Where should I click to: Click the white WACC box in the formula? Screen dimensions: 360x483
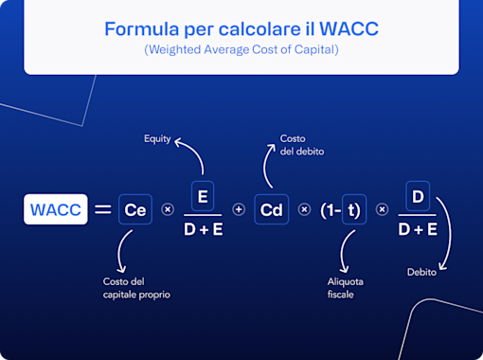(x=55, y=209)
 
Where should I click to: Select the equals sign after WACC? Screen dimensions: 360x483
(x=102, y=209)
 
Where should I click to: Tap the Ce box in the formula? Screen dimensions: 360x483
(x=135, y=209)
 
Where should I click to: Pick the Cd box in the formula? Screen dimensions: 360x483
(x=272, y=209)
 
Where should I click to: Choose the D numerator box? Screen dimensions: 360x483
(x=418, y=196)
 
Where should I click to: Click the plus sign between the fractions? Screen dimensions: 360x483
(x=239, y=209)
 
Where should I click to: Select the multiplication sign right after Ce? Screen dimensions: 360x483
(x=169, y=209)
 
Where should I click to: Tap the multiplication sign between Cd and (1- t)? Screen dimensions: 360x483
(x=305, y=209)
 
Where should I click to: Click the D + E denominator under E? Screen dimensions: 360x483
(x=204, y=228)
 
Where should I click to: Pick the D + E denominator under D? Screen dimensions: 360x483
(x=418, y=228)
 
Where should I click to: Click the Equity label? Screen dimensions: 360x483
(x=157, y=139)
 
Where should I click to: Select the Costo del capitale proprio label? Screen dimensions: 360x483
(x=136, y=287)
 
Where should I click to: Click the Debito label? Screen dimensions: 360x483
(x=421, y=272)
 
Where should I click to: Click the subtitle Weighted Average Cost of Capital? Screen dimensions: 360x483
(x=241, y=49)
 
